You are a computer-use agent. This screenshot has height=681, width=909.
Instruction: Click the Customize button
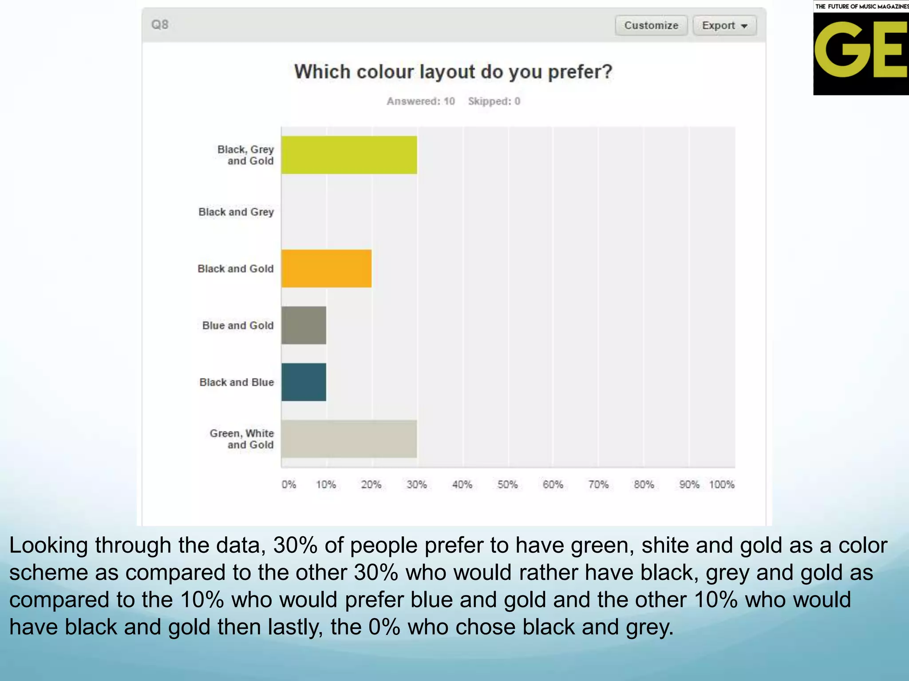tap(651, 25)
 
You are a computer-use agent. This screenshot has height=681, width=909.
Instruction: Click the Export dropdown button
tap(724, 25)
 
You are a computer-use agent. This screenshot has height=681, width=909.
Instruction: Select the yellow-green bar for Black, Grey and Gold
tap(349, 155)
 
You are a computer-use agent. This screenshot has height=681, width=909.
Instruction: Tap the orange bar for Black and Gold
tap(326, 268)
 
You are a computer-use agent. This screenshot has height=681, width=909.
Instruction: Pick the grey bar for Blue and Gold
tap(304, 325)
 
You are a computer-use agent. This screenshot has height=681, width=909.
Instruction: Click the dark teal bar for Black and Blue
tap(304, 382)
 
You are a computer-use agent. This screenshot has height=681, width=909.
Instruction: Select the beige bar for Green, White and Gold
tap(349, 438)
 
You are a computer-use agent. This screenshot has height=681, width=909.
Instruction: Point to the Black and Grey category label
tap(236, 212)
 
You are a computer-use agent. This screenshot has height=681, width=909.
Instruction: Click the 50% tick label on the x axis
tap(507, 484)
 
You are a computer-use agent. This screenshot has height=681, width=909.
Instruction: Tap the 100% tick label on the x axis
tap(722, 484)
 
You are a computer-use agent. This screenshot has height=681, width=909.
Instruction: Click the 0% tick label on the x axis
tap(289, 484)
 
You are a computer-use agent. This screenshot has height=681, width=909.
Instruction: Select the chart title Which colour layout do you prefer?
tap(453, 72)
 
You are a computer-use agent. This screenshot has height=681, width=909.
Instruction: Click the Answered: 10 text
tap(420, 101)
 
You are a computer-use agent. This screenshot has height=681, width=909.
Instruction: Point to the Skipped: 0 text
tap(494, 101)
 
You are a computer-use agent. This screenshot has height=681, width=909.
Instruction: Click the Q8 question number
tap(160, 24)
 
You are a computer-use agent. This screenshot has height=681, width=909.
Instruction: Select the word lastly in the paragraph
tap(295, 627)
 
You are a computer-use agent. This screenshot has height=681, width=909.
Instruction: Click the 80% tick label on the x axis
tap(644, 484)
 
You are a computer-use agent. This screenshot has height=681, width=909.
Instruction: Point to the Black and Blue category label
tap(237, 382)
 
